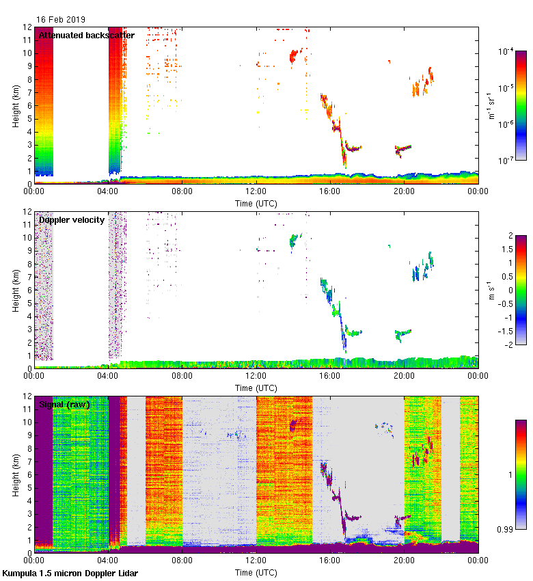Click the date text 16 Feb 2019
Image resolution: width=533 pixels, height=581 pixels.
[61, 20]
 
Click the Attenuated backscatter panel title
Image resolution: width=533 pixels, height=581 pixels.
[86, 36]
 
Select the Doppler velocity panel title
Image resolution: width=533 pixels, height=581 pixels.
[71, 219]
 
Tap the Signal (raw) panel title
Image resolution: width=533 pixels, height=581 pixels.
[64, 405]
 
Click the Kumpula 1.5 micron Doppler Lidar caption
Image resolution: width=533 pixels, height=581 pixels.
[70, 573]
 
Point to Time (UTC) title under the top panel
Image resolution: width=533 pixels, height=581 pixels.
[257, 204]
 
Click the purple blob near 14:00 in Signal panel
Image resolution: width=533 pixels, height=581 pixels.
[293, 425]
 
